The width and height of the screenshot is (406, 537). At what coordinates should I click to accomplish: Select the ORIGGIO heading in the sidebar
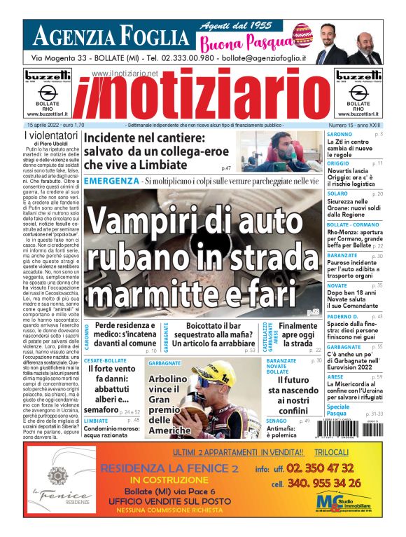pos(339,163)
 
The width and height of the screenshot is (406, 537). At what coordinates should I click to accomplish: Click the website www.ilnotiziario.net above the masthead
pos(124,74)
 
